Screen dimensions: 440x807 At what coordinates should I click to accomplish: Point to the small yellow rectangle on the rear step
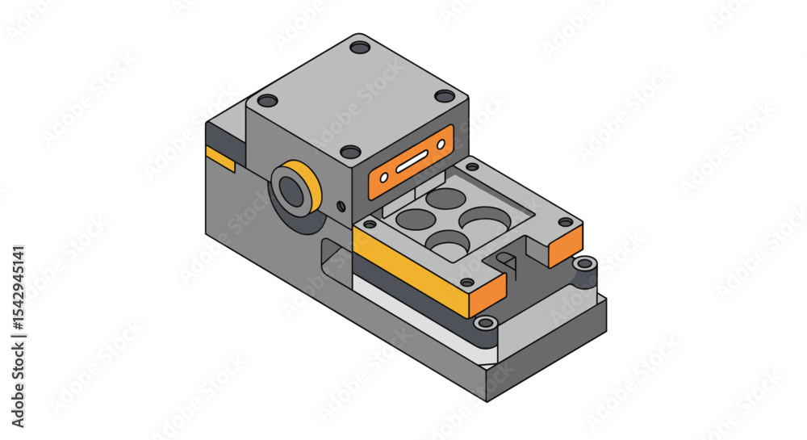(x=220, y=159)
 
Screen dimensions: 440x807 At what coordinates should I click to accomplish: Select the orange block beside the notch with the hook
(x=566, y=245)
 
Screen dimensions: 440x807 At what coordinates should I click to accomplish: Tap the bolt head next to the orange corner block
(x=586, y=263)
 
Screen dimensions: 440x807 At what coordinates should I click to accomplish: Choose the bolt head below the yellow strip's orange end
(x=485, y=323)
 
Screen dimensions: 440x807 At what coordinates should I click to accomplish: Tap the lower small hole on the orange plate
(x=384, y=178)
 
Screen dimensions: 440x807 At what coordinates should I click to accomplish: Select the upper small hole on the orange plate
(x=441, y=145)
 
